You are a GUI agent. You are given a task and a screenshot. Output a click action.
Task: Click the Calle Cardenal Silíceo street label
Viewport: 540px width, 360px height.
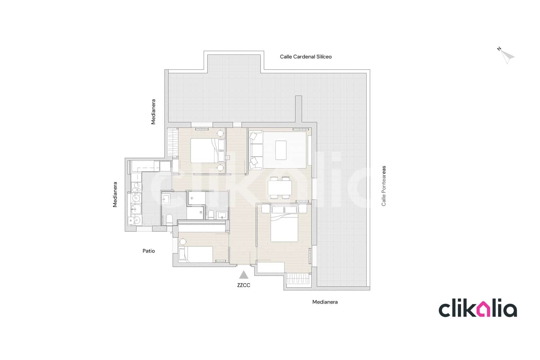coord(305,57)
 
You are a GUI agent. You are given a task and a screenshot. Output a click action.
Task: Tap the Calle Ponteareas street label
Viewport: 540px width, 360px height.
coord(383,186)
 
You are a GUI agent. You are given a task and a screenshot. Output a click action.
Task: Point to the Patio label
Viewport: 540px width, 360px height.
coord(148,251)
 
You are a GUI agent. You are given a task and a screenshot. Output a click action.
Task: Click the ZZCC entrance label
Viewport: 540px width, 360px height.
coord(244,285)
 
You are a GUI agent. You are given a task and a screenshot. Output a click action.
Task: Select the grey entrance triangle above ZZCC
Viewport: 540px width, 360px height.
coord(244,275)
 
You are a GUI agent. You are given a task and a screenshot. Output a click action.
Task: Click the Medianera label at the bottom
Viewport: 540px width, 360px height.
coord(325,302)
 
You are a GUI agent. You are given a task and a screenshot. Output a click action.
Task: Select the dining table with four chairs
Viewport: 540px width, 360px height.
coord(280,187)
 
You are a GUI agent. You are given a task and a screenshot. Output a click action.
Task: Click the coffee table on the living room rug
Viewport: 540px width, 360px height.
coord(281,150)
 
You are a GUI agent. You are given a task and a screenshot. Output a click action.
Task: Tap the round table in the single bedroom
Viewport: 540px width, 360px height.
coord(183,242)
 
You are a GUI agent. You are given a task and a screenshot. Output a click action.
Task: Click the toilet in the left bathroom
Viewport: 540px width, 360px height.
coord(169,220)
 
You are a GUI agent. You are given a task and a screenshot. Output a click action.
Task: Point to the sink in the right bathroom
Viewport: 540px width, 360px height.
coord(222,215)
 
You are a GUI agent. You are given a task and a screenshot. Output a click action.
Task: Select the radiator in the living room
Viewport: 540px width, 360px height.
coord(301,129)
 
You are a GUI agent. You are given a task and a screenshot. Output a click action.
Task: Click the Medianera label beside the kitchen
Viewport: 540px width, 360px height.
coord(115,195)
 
